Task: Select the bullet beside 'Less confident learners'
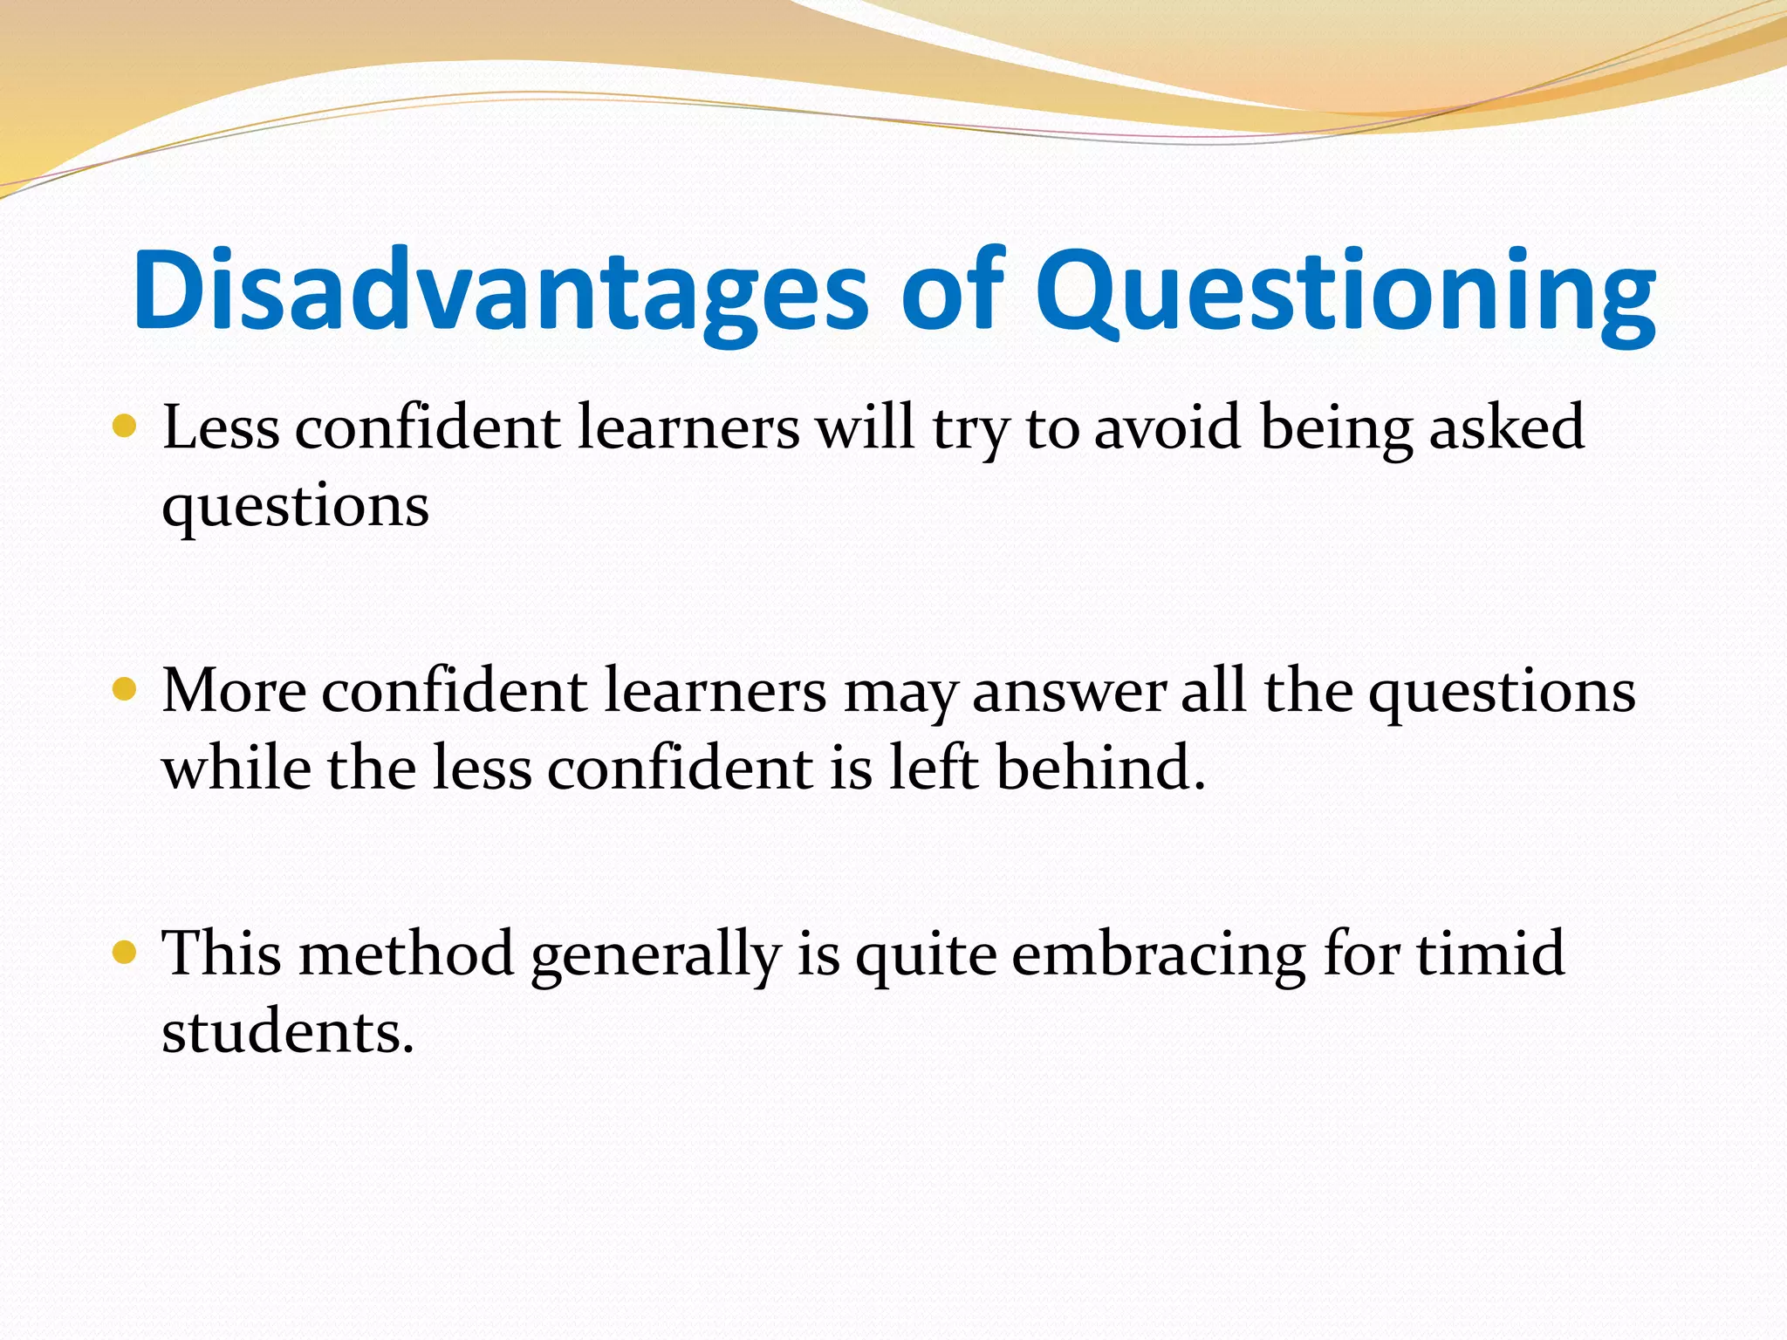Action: click(x=125, y=427)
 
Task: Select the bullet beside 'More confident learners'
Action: click(x=125, y=690)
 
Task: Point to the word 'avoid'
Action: click(x=1167, y=427)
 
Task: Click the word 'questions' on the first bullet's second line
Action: click(x=295, y=506)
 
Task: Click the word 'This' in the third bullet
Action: click(x=222, y=953)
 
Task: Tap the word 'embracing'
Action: click(x=1159, y=954)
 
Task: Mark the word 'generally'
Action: click(x=654, y=954)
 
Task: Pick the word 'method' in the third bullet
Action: click(x=406, y=953)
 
